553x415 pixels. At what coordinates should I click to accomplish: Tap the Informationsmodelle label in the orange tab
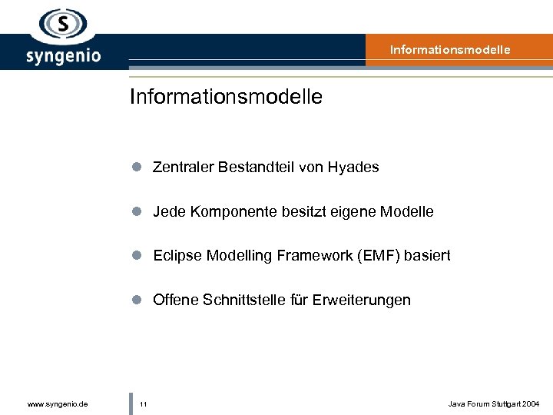[x=449, y=50]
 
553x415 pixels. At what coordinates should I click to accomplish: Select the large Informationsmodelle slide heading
[x=226, y=97]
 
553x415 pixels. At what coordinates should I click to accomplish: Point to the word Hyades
[x=353, y=167]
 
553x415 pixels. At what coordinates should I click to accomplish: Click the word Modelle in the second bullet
[x=408, y=211]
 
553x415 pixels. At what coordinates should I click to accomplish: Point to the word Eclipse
[x=176, y=256]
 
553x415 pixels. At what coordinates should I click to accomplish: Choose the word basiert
[x=427, y=256]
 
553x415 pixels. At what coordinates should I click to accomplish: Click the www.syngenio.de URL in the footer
[x=57, y=403]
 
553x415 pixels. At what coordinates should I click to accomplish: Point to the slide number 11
[x=144, y=403]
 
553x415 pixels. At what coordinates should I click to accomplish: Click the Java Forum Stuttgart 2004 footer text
[x=493, y=403]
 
